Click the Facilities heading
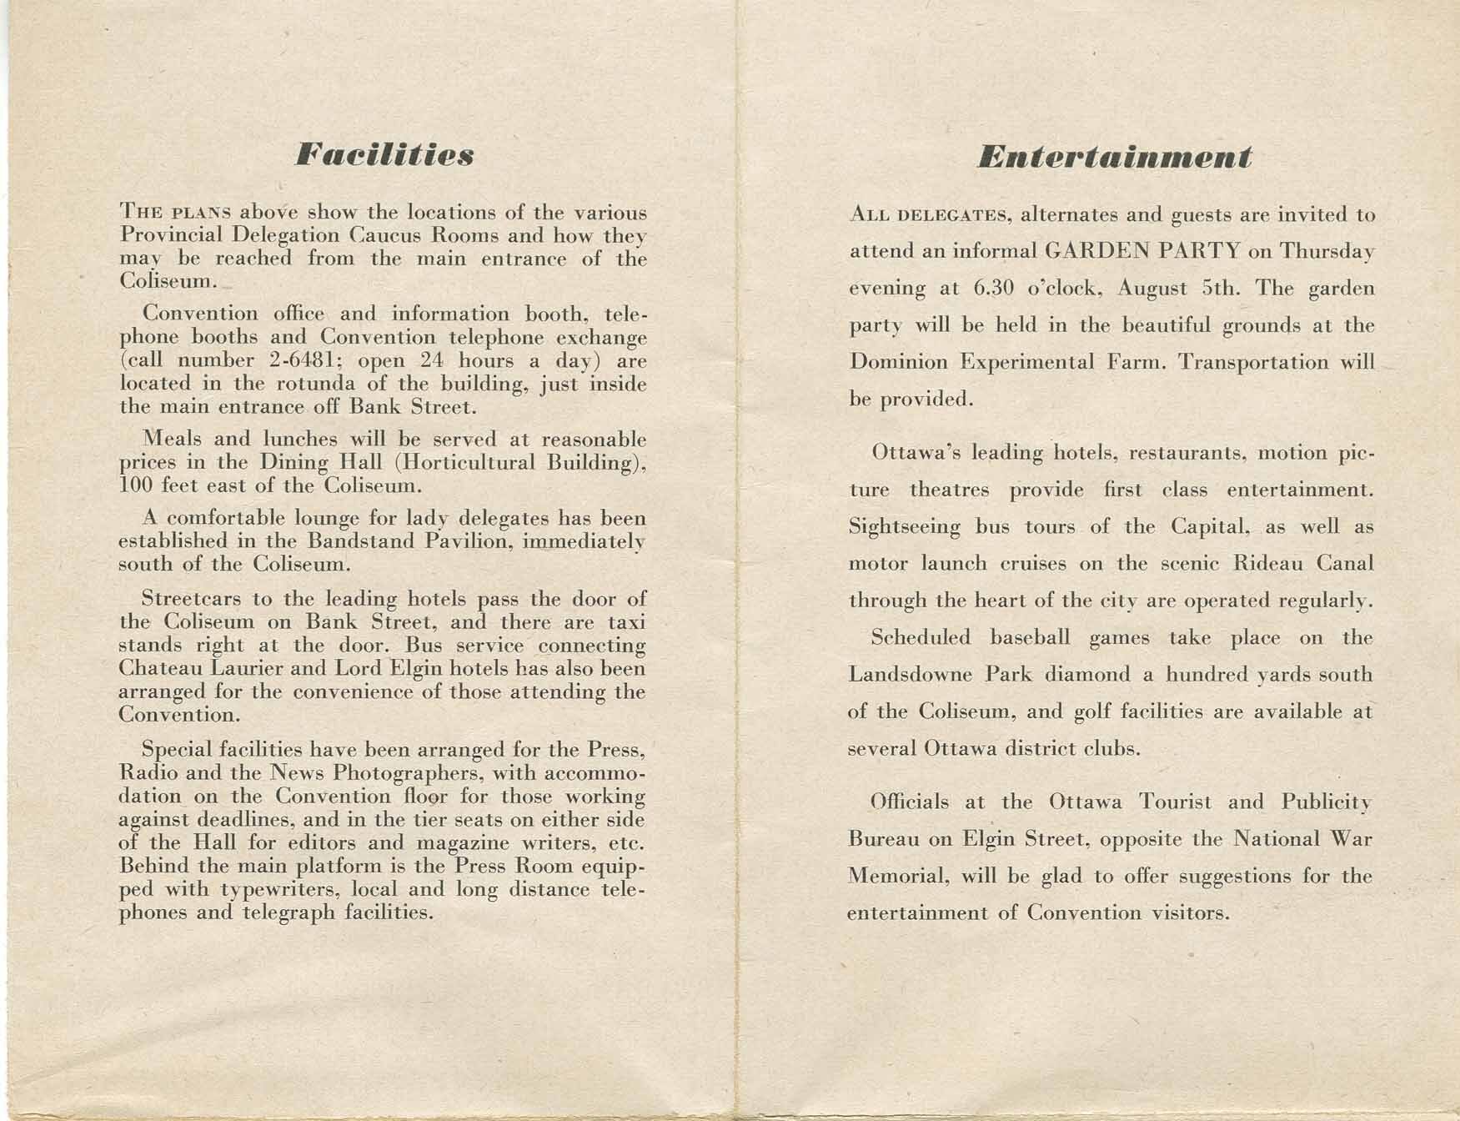(x=384, y=155)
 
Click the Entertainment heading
(x=1114, y=157)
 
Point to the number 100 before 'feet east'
(x=135, y=485)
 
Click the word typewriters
(x=268, y=889)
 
